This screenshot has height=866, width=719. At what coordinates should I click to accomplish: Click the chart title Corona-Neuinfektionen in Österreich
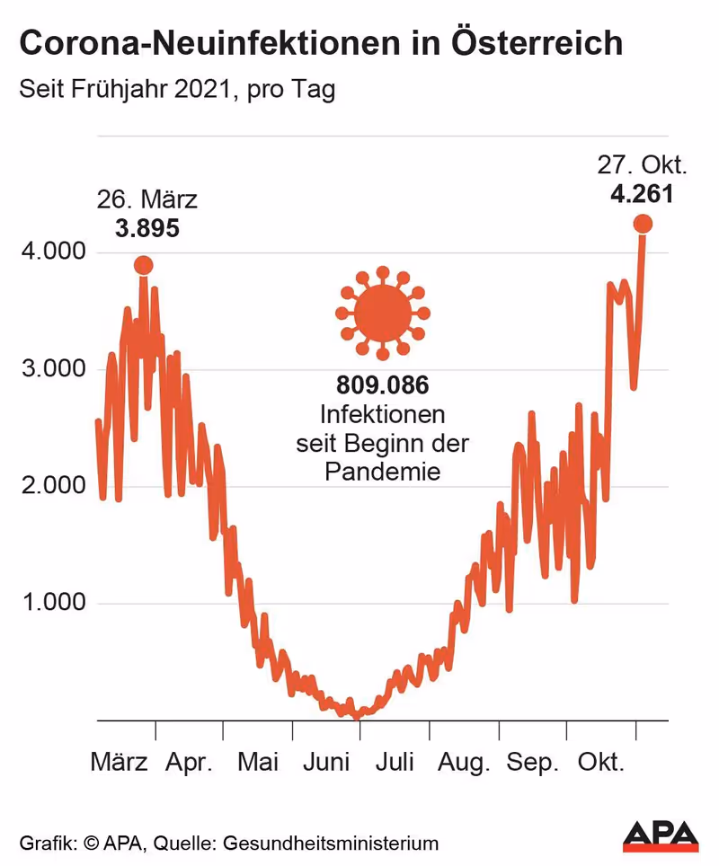pyautogui.click(x=321, y=43)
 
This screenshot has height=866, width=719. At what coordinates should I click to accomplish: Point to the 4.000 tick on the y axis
pyautogui.click(x=52, y=252)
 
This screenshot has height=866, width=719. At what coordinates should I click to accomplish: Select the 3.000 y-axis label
pyautogui.click(x=52, y=369)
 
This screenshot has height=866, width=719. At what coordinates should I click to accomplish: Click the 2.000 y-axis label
pyautogui.click(x=52, y=486)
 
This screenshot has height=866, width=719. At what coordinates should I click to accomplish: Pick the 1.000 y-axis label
pyautogui.click(x=52, y=603)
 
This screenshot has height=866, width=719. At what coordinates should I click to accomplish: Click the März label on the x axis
pyautogui.click(x=120, y=763)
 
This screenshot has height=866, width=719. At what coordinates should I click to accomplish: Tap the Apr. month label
pyautogui.click(x=190, y=763)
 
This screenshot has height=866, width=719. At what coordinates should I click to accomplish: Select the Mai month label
pyautogui.click(x=258, y=763)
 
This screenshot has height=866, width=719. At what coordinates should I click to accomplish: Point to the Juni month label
pyautogui.click(x=325, y=763)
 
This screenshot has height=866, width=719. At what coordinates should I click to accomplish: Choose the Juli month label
pyautogui.click(x=395, y=763)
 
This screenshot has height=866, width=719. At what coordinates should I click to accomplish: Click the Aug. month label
pyautogui.click(x=465, y=763)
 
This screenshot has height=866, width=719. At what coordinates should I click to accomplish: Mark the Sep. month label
pyautogui.click(x=533, y=763)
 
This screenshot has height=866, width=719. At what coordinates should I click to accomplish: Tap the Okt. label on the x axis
pyautogui.click(x=600, y=763)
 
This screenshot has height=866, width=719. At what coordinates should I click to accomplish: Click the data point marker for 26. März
pyautogui.click(x=143, y=265)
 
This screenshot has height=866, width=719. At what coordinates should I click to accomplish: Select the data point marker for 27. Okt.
pyautogui.click(x=643, y=224)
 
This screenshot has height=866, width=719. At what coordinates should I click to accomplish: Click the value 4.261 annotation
pyautogui.click(x=643, y=193)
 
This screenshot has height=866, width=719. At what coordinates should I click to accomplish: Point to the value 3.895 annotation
pyautogui.click(x=146, y=228)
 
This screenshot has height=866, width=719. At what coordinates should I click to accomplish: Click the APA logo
pyautogui.click(x=661, y=835)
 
